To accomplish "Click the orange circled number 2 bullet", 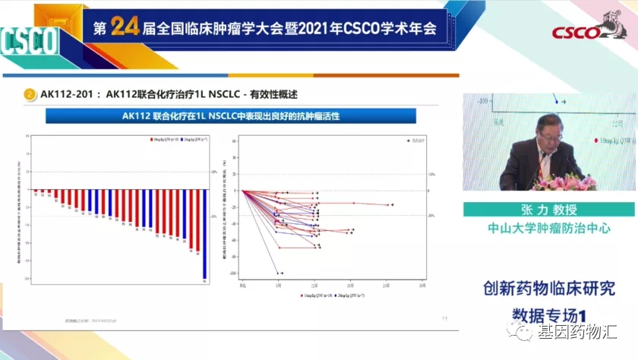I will (x=30, y=94).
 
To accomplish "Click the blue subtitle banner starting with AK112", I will (x=231, y=115).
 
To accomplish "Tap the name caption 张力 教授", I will (x=550, y=210).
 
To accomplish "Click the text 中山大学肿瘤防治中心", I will (x=550, y=227).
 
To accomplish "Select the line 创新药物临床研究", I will (x=550, y=289).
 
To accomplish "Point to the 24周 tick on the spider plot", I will (x=386, y=286).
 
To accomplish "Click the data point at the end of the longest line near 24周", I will (x=392, y=204).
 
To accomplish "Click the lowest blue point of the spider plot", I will (x=282, y=273).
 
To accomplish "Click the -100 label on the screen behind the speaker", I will (x=483, y=99).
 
